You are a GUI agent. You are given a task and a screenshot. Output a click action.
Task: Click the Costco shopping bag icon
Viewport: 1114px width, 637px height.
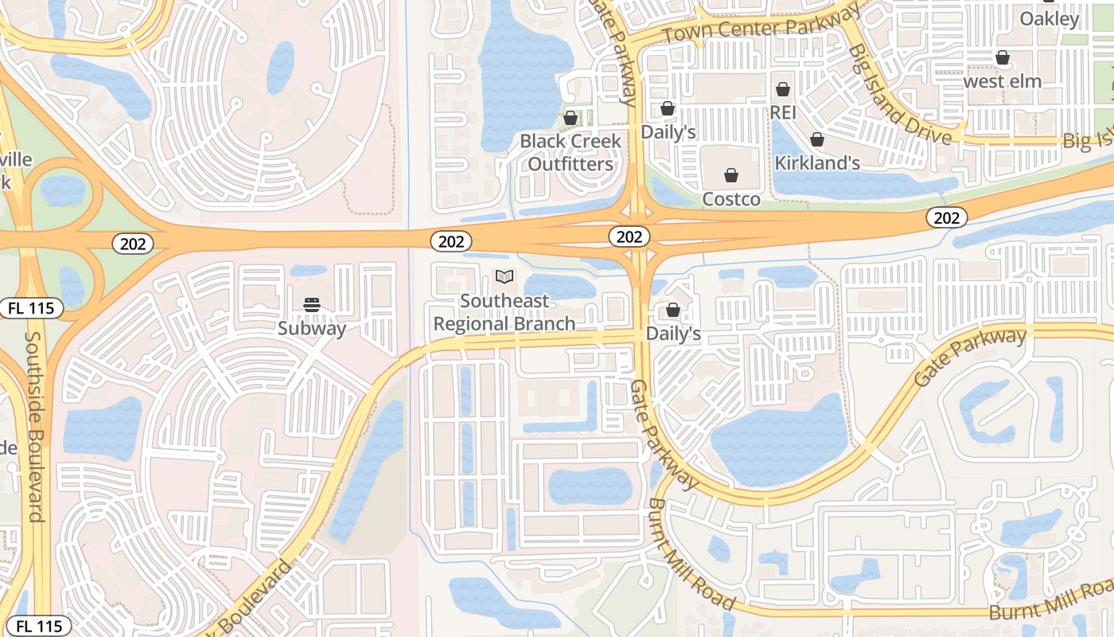point(731,175)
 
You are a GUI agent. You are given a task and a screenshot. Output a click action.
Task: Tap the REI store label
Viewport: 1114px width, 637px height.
point(783,112)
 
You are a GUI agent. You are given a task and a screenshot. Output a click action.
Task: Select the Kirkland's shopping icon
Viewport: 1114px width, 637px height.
point(817,140)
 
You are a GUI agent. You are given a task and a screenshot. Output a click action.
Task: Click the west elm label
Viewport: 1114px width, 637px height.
point(1002,81)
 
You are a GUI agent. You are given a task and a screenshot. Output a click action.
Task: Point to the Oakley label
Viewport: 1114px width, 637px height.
point(1049,18)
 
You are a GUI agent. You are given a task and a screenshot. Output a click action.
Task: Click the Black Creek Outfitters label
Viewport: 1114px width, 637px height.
point(571,153)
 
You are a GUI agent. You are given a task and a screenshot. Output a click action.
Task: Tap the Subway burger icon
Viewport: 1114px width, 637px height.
point(312,304)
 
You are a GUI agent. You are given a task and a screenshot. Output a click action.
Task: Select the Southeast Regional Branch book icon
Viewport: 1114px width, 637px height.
point(504,277)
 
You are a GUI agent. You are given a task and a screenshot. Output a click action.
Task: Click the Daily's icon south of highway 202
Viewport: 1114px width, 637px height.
point(673,310)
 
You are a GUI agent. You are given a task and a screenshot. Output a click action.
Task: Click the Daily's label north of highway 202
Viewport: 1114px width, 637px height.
point(668,132)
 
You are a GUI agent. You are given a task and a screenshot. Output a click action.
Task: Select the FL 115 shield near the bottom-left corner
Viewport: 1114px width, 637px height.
point(38,626)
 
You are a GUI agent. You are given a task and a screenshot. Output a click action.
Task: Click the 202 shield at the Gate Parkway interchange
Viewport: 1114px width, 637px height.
point(629,236)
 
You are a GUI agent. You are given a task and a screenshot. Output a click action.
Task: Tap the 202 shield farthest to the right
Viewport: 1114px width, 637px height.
point(946,217)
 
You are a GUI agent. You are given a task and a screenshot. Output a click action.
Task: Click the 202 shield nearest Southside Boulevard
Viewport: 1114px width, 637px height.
point(133,244)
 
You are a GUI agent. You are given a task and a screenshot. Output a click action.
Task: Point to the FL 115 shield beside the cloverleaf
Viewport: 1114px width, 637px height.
point(31,307)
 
